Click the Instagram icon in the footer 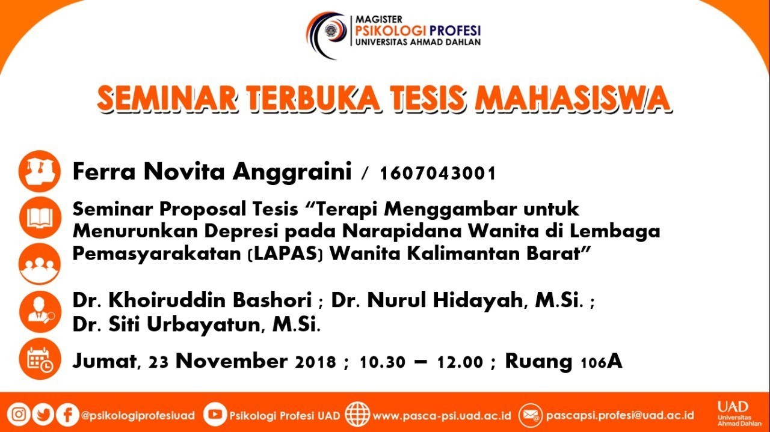(19, 415)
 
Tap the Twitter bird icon (43, 415)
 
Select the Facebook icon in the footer (67, 415)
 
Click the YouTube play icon (215, 414)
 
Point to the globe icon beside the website (357, 414)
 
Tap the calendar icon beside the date (40, 359)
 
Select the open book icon (40, 218)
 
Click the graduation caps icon (40, 171)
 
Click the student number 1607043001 (437, 173)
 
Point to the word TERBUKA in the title (313, 99)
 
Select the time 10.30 (382, 362)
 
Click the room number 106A (601, 362)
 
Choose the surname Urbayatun (203, 324)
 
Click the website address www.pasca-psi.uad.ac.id (442, 416)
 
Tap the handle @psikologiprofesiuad (138, 416)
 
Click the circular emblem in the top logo (332, 30)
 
